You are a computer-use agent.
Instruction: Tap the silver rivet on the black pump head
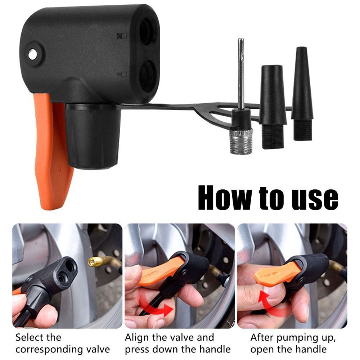(x=32, y=54)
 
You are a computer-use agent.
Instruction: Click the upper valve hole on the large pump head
(x=147, y=32)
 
